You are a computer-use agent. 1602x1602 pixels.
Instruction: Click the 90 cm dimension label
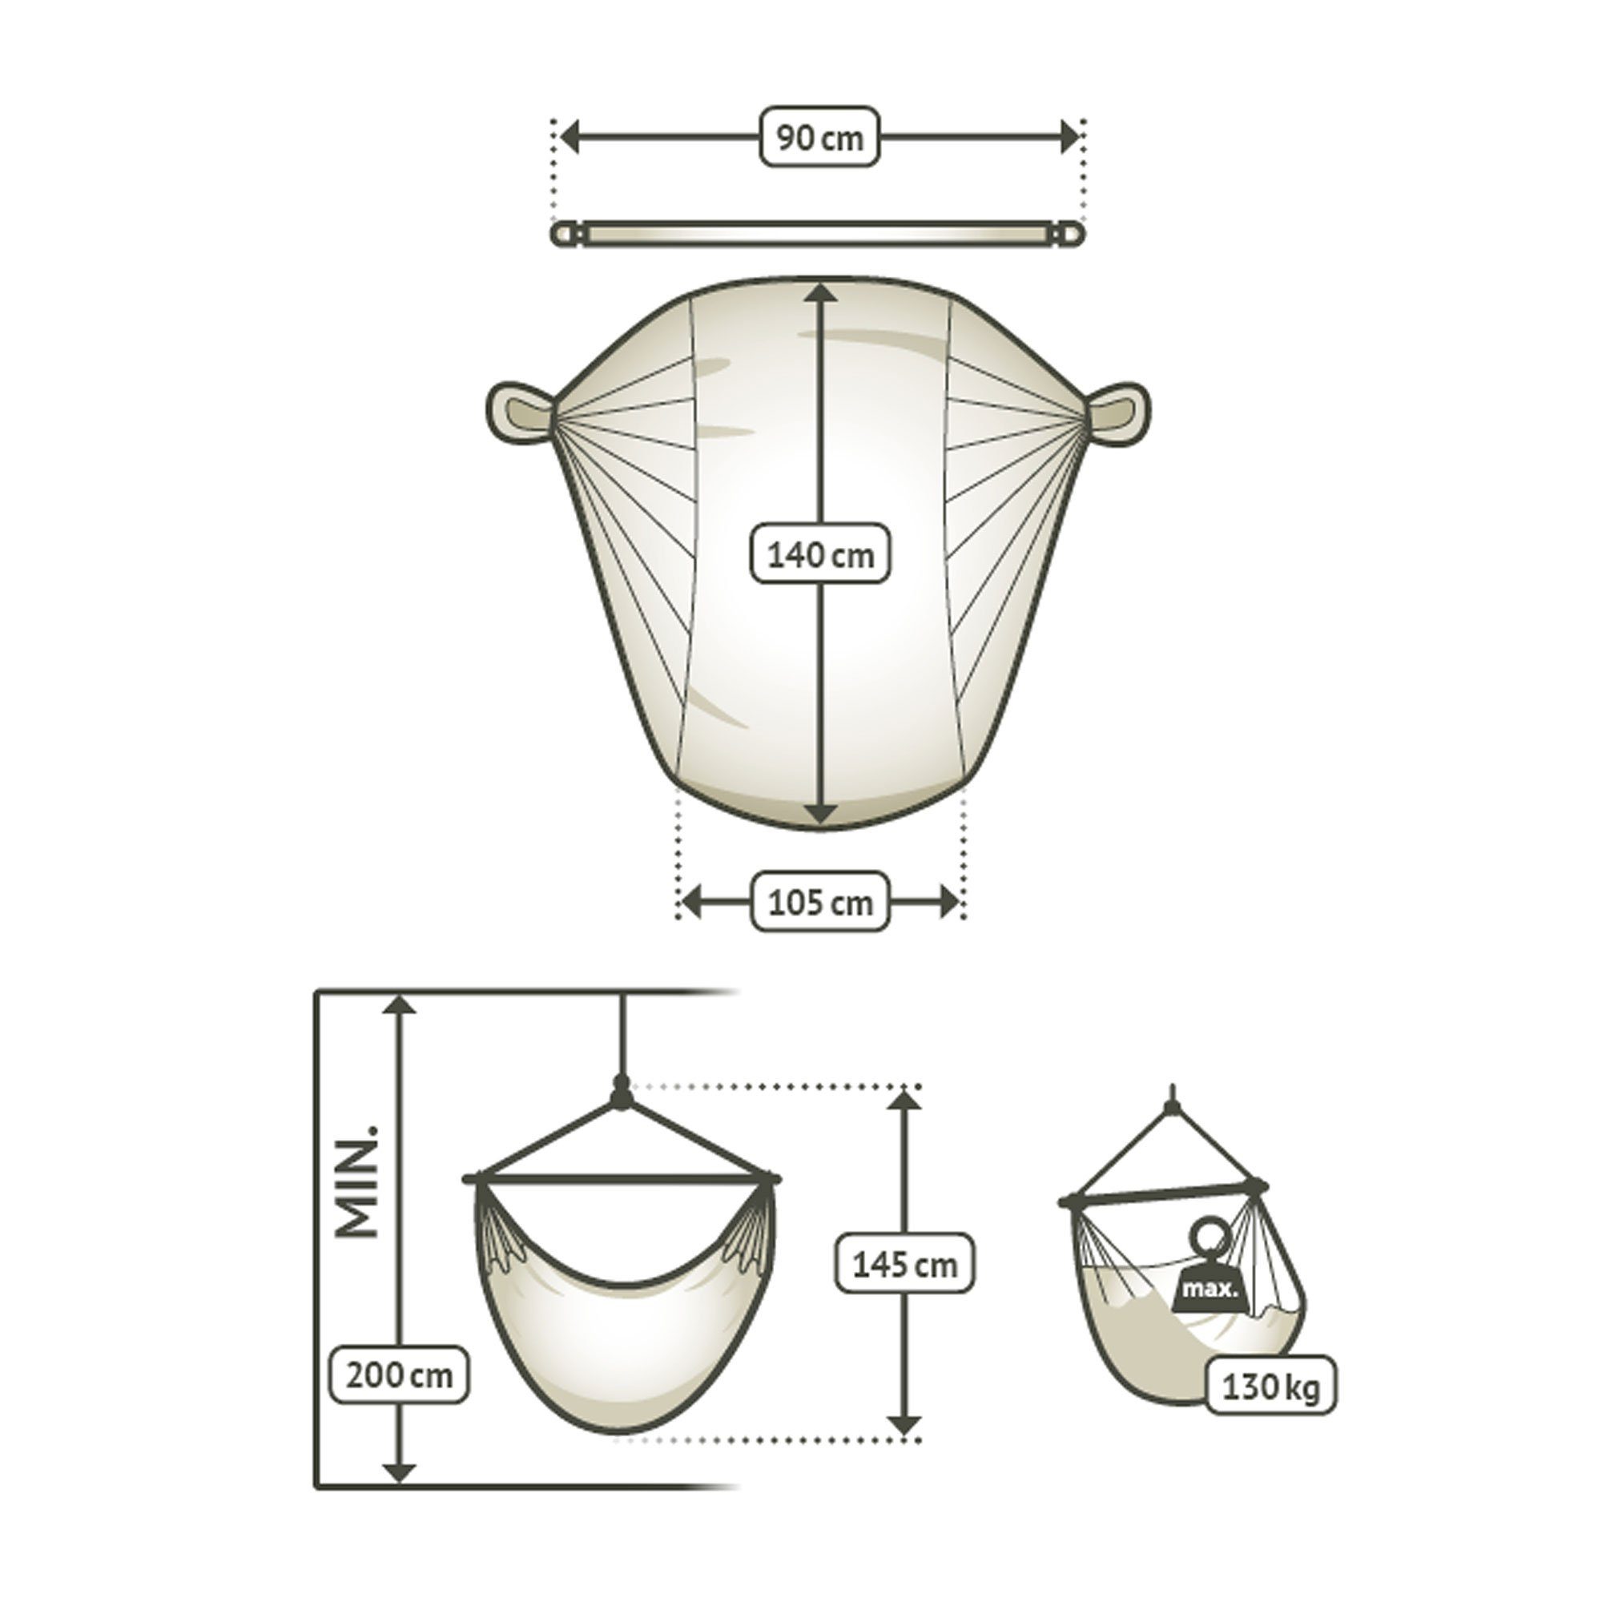[x=819, y=137]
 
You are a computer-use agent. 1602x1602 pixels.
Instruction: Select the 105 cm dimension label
[x=820, y=901]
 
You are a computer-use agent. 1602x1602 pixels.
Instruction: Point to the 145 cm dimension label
[x=904, y=1288]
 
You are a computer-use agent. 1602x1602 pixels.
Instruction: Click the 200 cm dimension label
[x=400, y=1468]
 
